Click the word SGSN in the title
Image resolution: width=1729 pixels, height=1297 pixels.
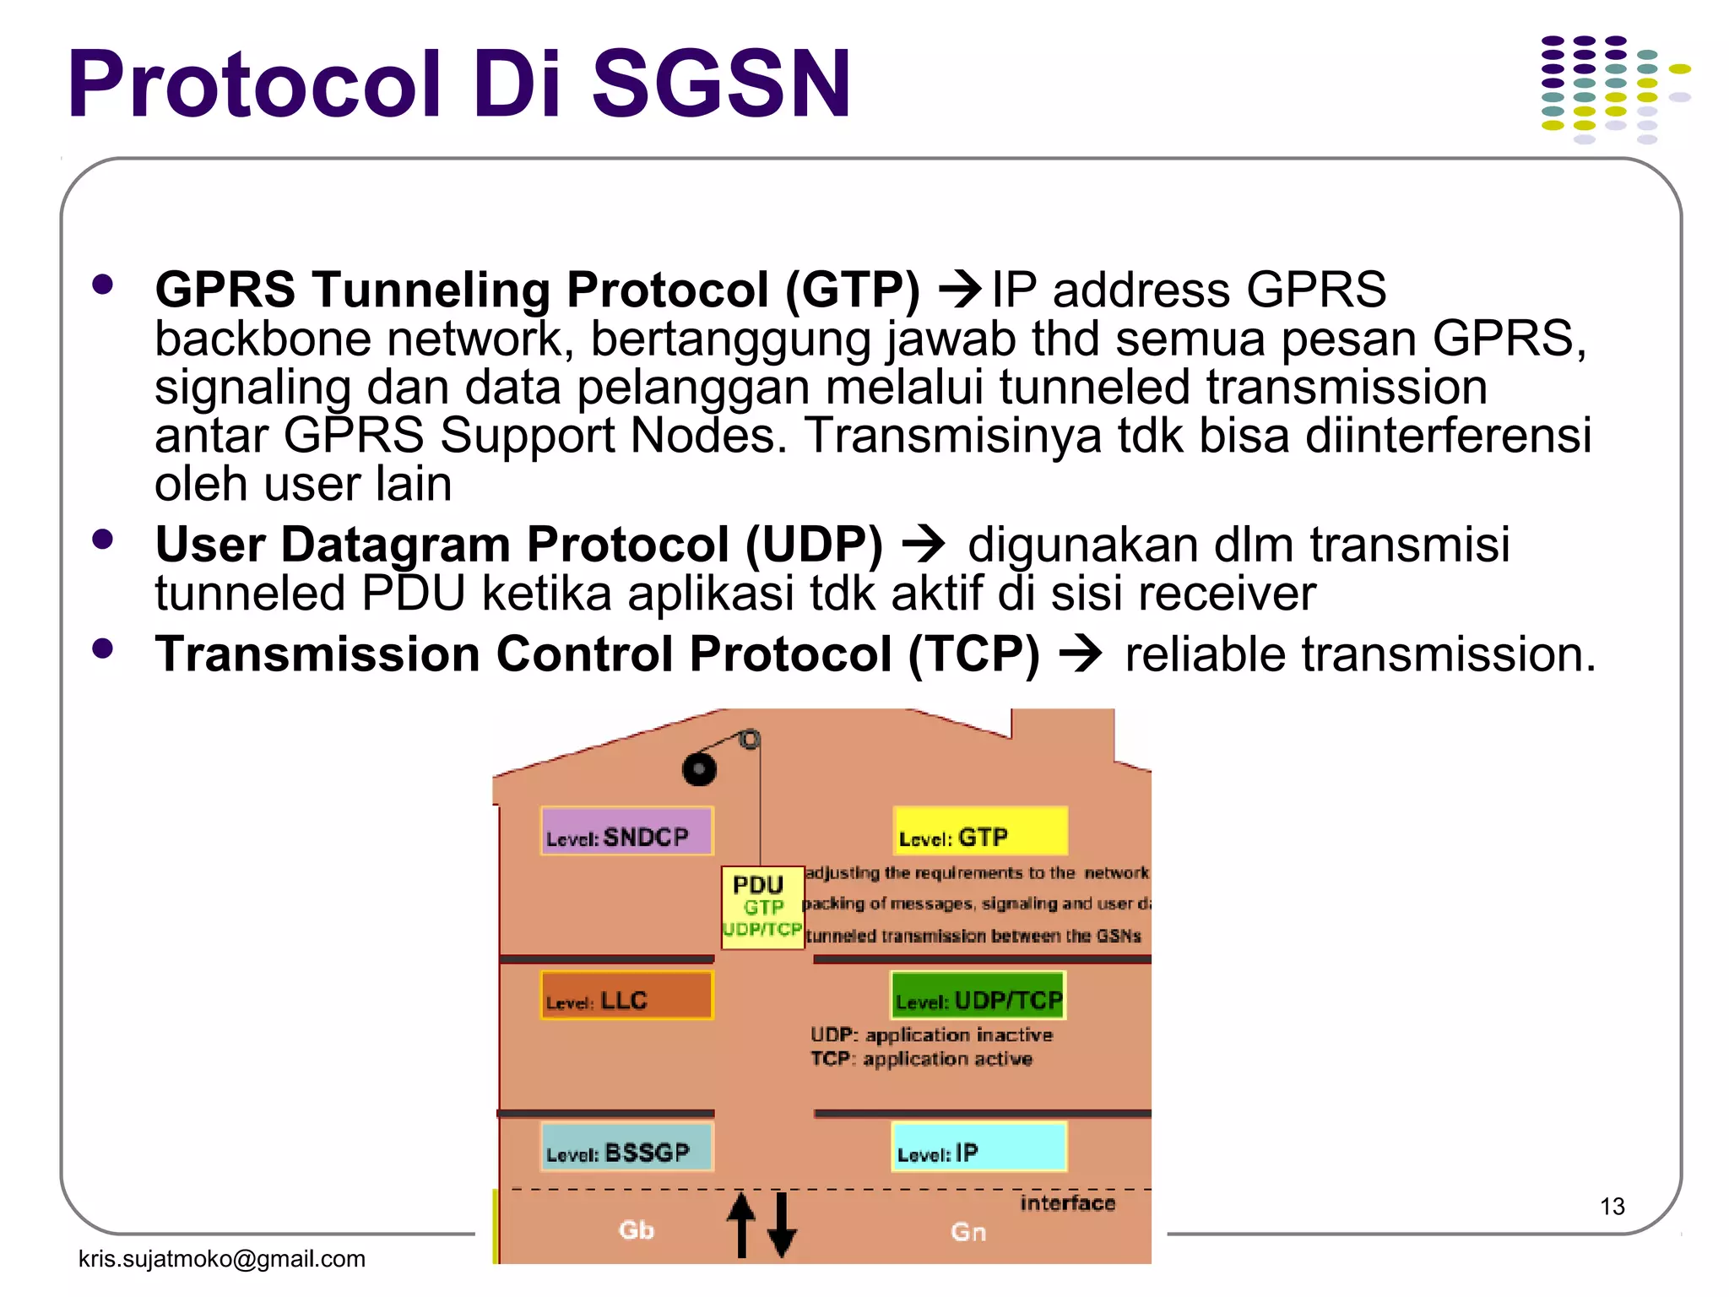click(722, 84)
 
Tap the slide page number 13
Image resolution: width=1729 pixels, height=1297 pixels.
click(1612, 1207)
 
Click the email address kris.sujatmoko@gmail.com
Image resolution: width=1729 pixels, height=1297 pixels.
click(221, 1259)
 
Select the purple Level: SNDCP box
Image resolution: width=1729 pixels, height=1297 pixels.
click(626, 832)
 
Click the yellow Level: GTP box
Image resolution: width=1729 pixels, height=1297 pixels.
click(980, 832)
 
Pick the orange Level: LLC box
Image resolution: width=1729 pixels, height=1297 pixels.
click(626, 996)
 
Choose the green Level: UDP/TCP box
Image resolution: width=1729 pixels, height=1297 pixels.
click(978, 996)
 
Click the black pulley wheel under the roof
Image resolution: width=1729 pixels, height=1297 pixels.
click(699, 769)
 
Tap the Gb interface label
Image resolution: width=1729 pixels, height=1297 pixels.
click(636, 1230)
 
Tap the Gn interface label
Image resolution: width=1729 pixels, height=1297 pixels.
click(967, 1232)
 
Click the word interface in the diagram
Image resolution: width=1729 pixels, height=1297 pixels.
click(1067, 1203)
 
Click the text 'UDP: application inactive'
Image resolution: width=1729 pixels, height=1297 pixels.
click(931, 1035)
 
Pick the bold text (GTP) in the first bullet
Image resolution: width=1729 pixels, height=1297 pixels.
click(853, 290)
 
